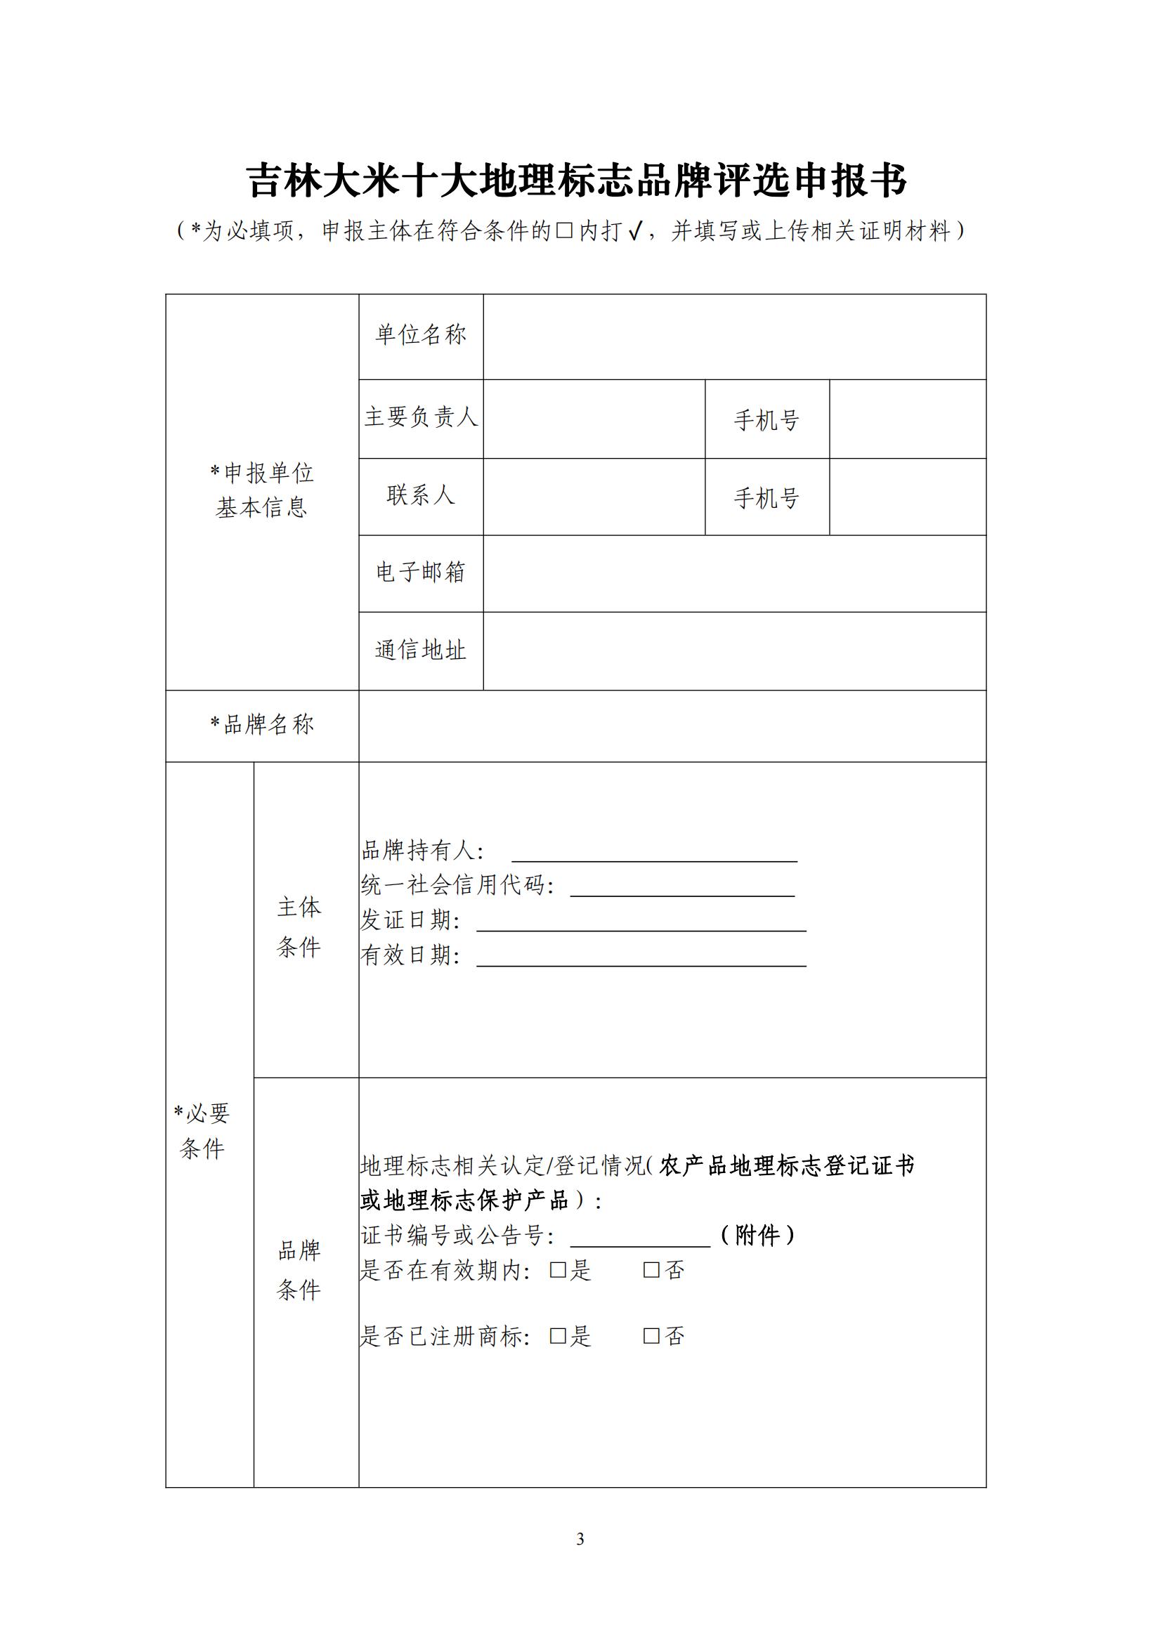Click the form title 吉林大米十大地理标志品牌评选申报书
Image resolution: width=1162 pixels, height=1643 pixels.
click(x=577, y=181)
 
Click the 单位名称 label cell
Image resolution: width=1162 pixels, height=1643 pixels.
click(x=421, y=335)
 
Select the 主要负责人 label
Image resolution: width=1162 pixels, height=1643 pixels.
click(x=421, y=417)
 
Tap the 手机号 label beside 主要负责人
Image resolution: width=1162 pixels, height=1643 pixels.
click(x=766, y=420)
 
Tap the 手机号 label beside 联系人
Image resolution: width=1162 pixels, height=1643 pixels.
click(x=766, y=498)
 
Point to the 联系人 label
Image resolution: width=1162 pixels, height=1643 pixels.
click(x=421, y=495)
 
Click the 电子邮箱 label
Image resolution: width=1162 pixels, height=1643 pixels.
click(x=421, y=572)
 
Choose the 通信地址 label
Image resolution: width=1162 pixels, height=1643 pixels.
click(x=421, y=650)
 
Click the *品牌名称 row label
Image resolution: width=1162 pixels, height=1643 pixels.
click(x=262, y=725)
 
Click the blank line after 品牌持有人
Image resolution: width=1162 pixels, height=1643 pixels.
click(x=654, y=854)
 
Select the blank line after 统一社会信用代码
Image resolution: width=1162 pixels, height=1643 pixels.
click(x=682, y=889)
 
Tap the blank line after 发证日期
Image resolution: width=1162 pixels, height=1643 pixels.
click(x=641, y=923)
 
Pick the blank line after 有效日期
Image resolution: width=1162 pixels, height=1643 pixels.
click(x=641, y=958)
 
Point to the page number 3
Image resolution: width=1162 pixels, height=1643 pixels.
click(x=580, y=1539)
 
